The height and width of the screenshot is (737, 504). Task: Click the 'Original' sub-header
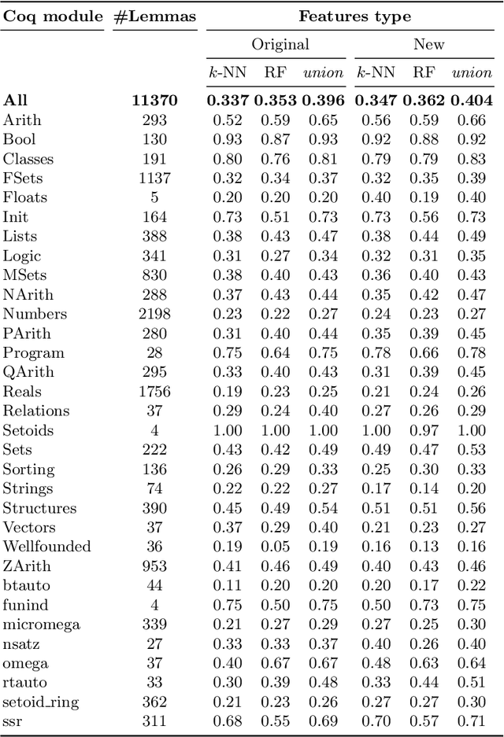280,45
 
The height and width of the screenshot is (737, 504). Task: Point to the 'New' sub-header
428,45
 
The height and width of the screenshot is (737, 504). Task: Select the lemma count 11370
154,100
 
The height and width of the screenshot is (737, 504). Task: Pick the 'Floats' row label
24,197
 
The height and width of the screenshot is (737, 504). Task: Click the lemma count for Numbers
154,314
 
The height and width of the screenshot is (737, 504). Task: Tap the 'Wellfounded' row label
46,546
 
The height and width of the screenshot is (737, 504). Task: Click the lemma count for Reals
154,391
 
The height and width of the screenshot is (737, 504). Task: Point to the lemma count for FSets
154,178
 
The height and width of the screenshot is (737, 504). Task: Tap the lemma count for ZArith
154,566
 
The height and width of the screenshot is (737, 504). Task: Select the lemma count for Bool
154,138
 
